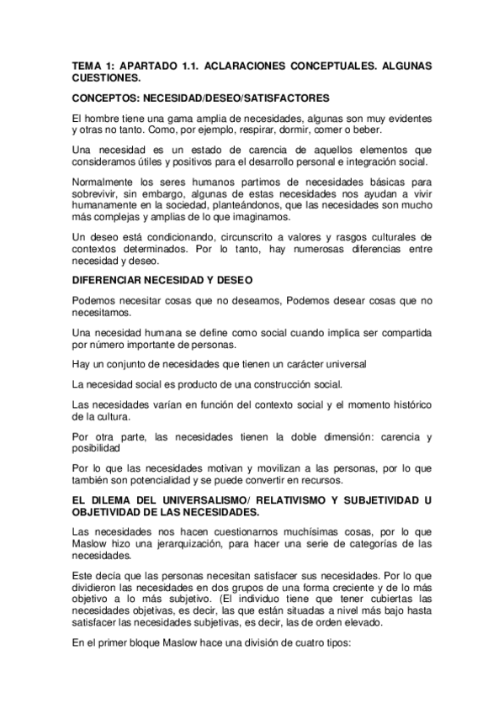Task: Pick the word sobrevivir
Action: [x=97, y=190]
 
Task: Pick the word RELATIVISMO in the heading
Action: [x=288, y=500]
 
